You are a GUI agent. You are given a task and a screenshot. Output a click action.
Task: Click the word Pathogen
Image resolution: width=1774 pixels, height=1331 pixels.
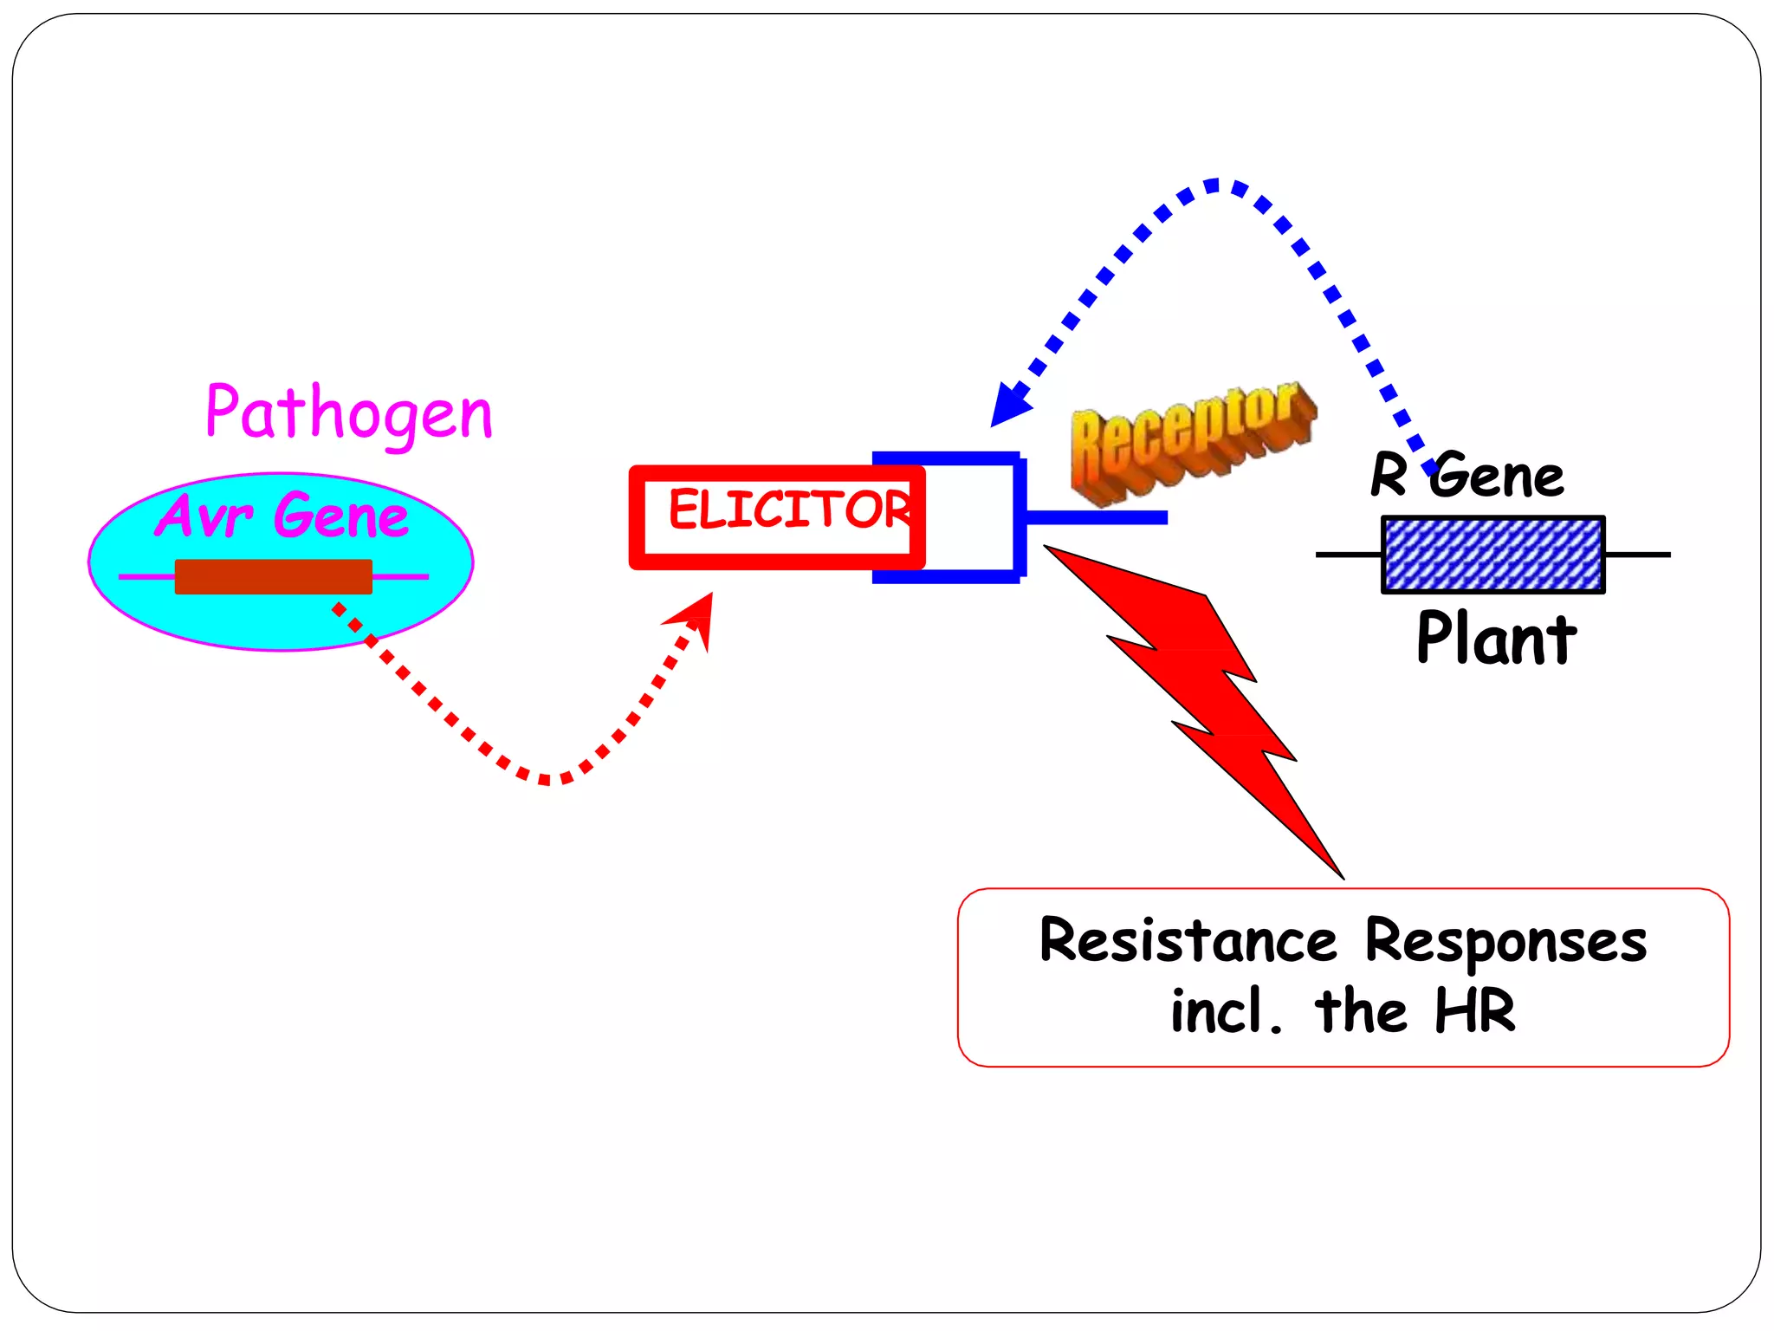pyautogui.click(x=348, y=412)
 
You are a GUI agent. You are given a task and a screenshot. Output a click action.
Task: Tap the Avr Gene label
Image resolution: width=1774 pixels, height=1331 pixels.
pyautogui.click(x=282, y=515)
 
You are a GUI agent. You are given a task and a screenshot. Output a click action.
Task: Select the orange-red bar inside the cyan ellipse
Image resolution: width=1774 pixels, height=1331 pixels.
pyautogui.click(x=273, y=576)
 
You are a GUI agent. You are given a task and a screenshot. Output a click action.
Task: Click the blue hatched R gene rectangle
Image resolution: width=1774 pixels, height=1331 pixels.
pyautogui.click(x=1492, y=555)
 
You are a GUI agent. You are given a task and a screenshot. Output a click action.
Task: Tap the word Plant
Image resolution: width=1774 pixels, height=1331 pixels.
pyautogui.click(x=1496, y=639)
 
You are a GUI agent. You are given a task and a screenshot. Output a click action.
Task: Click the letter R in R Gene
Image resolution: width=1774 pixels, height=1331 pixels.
pyautogui.click(x=1389, y=475)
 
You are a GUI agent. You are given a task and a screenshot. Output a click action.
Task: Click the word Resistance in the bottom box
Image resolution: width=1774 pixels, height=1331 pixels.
pyautogui.click(x=1188, y=941)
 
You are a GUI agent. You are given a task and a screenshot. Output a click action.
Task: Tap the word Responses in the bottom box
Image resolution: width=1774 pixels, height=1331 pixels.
pyautogui.click(x=1505, y=941)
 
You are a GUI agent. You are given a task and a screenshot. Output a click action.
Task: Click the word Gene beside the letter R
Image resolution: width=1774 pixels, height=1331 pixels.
pyautogui.click(x=1497, y=477)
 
